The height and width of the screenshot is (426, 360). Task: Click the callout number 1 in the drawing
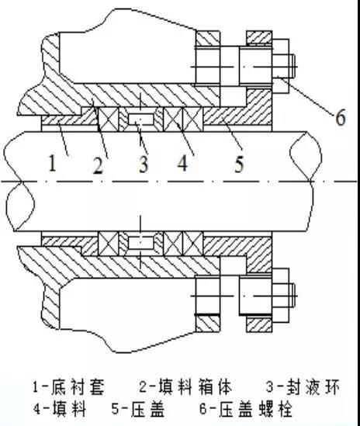click(x=53, y=162)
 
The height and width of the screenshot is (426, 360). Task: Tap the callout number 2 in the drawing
click(x=99, y=165)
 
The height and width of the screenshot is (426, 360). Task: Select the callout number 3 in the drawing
click(x=144, y=164)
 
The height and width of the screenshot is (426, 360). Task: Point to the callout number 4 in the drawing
click(x=183, y=163)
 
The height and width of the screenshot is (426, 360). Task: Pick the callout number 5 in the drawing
click(x=239, y=164)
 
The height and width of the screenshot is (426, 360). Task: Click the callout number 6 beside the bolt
click(x=341, y=117)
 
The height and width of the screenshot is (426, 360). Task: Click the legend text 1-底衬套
click(x=68, y=386)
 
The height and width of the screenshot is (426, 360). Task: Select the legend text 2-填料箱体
click(x=185, y=386)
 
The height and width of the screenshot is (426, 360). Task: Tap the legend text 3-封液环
click(x=303, y=386)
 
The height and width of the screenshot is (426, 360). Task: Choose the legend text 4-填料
click(x=60, y=408)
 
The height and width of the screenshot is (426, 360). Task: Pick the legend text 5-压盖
click(x=138, y=408)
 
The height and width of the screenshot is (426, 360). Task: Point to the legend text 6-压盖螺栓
click(x=246, y=408)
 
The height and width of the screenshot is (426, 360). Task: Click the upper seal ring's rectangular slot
click(x=141, y=119)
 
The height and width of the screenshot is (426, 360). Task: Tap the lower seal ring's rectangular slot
click(x=141, y=243)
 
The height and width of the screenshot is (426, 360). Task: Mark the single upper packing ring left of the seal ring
click(x=109, y=119)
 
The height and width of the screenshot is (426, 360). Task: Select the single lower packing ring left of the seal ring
click(x=109, y=244)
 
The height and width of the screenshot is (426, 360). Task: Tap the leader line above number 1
click(x=63, y=139)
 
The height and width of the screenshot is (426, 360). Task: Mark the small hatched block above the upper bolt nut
click(x=259, y=38)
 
